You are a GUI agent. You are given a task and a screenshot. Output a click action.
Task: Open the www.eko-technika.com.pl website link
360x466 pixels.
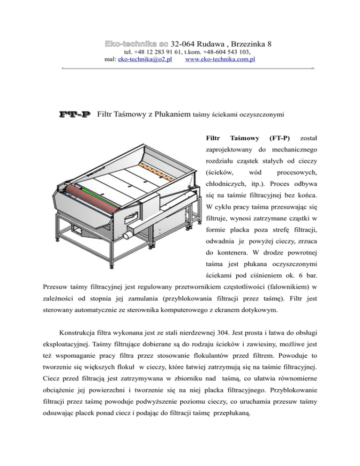pos(220,60)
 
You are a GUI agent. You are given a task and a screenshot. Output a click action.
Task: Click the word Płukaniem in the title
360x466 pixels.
pos(173,114)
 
